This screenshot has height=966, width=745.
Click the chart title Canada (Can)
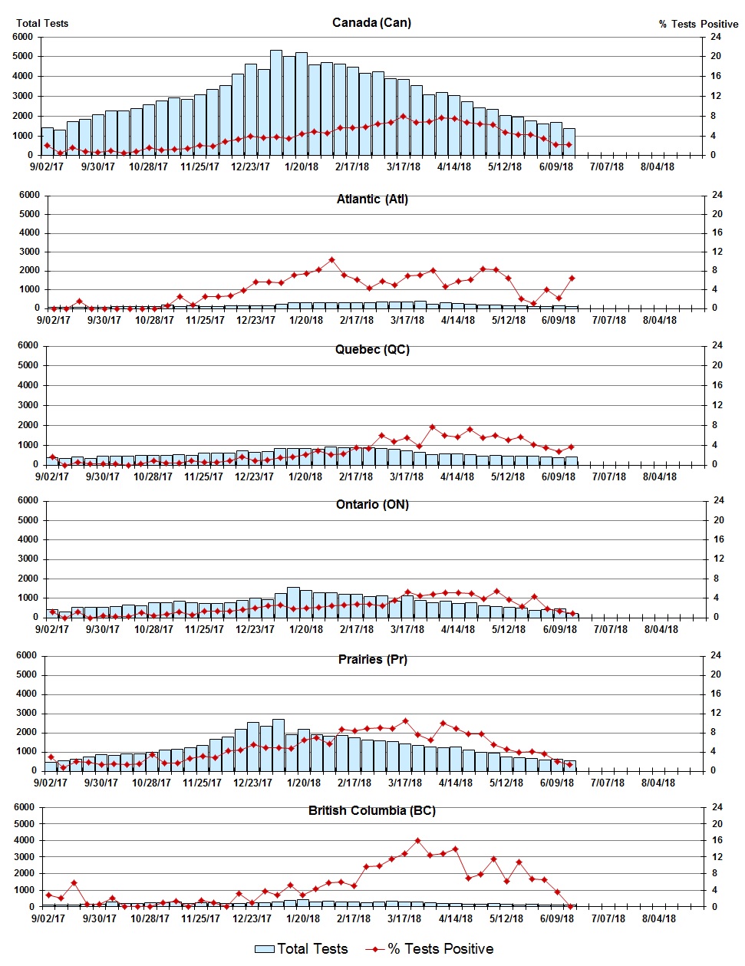click(371, 22)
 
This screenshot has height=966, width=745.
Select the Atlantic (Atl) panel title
click(372, 199)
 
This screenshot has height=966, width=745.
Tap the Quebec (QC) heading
click(372, 349)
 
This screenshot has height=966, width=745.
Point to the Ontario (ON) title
click(372, 504)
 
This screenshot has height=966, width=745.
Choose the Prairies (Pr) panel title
click(372, 659)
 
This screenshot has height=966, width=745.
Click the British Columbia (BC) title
click(372, 810)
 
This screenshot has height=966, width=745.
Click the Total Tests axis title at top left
click(42, 23)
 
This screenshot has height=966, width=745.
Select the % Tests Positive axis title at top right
click(698, 24)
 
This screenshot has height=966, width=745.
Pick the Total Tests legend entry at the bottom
click(302, 949)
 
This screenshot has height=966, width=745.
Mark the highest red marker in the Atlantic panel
click(331, 260)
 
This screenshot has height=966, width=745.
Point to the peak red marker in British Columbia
click(417, 841)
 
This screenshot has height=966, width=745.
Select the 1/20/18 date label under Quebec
click(305, 476)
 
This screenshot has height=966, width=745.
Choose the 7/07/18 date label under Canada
click(606, 166)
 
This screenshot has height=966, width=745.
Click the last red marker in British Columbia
click(570, 906)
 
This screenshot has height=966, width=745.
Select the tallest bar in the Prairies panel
click(279, 744)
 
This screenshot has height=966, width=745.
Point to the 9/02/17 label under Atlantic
click(53, 320)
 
